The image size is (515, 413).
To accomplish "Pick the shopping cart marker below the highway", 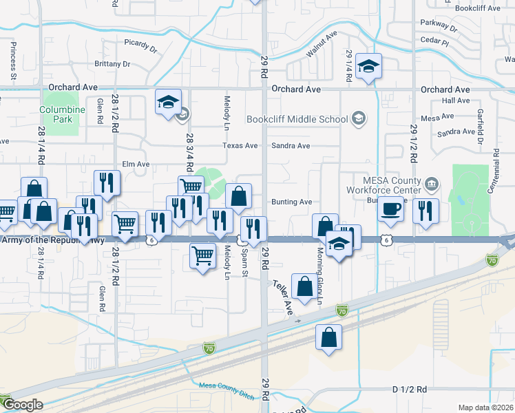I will pyautogui.click(x=202, y=257).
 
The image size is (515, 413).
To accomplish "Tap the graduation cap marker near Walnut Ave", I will pyautogui.click(x=369, y=67).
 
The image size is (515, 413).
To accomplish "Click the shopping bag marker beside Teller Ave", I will pyautogui.click(x=304, y=286).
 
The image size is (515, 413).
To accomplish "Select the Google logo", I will pyautogui.click(x=22, y=405).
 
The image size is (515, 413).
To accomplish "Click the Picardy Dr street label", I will pyautogui.click(x=140, y=50).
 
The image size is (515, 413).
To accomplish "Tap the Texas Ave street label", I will pyautogui.click(x=240, y=146).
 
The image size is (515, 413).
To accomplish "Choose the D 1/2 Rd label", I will pyautogui.click(x=410, y=390).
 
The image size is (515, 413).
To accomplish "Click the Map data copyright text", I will pyautogui.click(x=486, y=407).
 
